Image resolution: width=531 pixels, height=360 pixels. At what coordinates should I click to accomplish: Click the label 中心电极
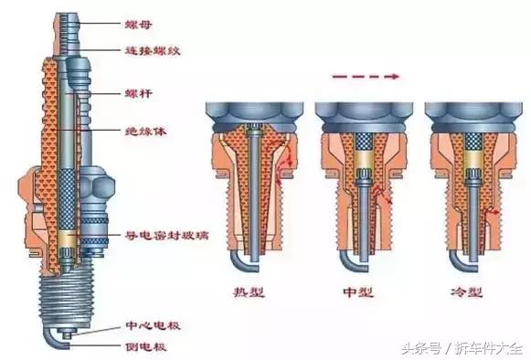(146, 325)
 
